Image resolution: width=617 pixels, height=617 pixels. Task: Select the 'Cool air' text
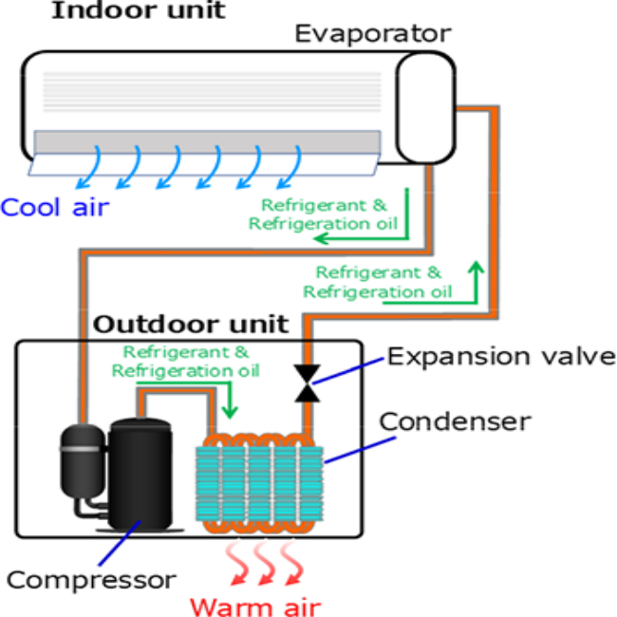pyautogui.click(x=54, y=205)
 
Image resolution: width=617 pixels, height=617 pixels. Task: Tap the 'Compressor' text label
pyautogui.click(x=91, y=578)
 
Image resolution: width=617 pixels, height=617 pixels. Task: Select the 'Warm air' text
pyautogui.click(x=257, y=605)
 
